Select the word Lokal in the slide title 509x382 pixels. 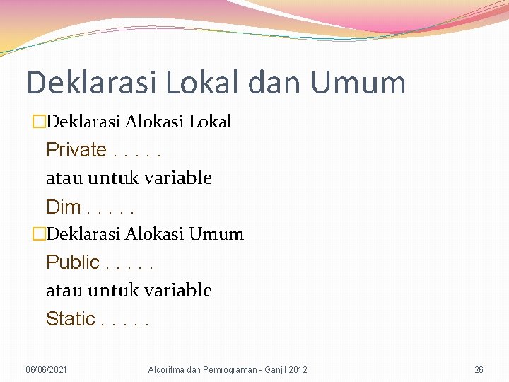click(204, 83)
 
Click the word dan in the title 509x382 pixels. click(275, 83)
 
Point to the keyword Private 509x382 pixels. click(76, 150)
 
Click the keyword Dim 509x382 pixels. click(63, 207)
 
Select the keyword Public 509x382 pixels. click(73, 262)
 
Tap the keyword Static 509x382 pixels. click(71, 319)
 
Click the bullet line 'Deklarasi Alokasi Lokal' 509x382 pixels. click(137, 122)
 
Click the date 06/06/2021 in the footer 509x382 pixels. click(47, 370)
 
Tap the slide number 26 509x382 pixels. click(479, 370)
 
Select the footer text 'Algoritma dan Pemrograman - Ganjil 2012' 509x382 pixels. click(228, 370)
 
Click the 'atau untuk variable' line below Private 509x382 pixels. click(129, 178)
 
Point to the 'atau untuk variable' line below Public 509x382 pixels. click(129, 291)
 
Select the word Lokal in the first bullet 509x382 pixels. click(210, 122)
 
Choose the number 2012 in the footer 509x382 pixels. click(298, 370)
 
